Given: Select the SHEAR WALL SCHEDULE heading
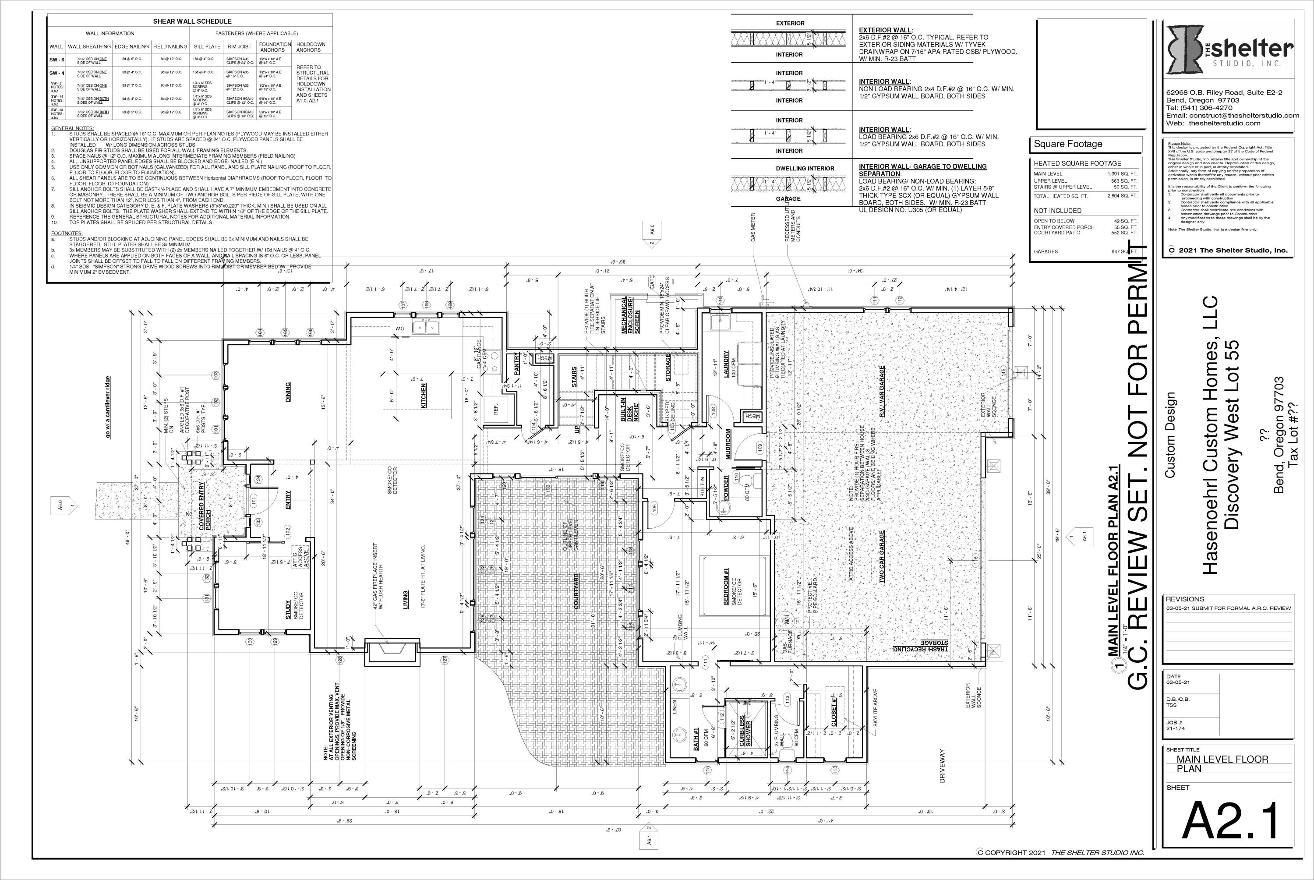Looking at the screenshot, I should pyautogui.click(x=192, y=21).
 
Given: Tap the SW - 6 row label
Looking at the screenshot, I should pyautogui.click(x=56, y=60).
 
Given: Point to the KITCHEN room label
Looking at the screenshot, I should pyautogui.click(x=424, y=395).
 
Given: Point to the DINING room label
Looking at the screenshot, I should pyautogui.click(x=288, y=392).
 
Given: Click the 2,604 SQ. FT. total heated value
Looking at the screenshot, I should pyautogui.click(x=1123, y=196).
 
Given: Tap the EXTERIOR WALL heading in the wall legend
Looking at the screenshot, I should pyautogui.click(x=885, y=30).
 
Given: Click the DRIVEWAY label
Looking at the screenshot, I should pyautogui.click(x=943, y=766).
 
